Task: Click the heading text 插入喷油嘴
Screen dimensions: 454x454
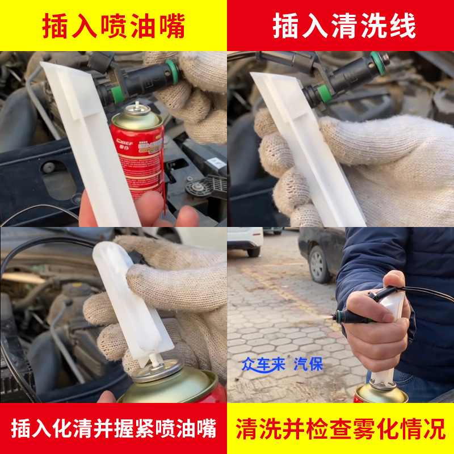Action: pos(113,26)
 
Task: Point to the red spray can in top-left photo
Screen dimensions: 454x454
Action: pos(138,153)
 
